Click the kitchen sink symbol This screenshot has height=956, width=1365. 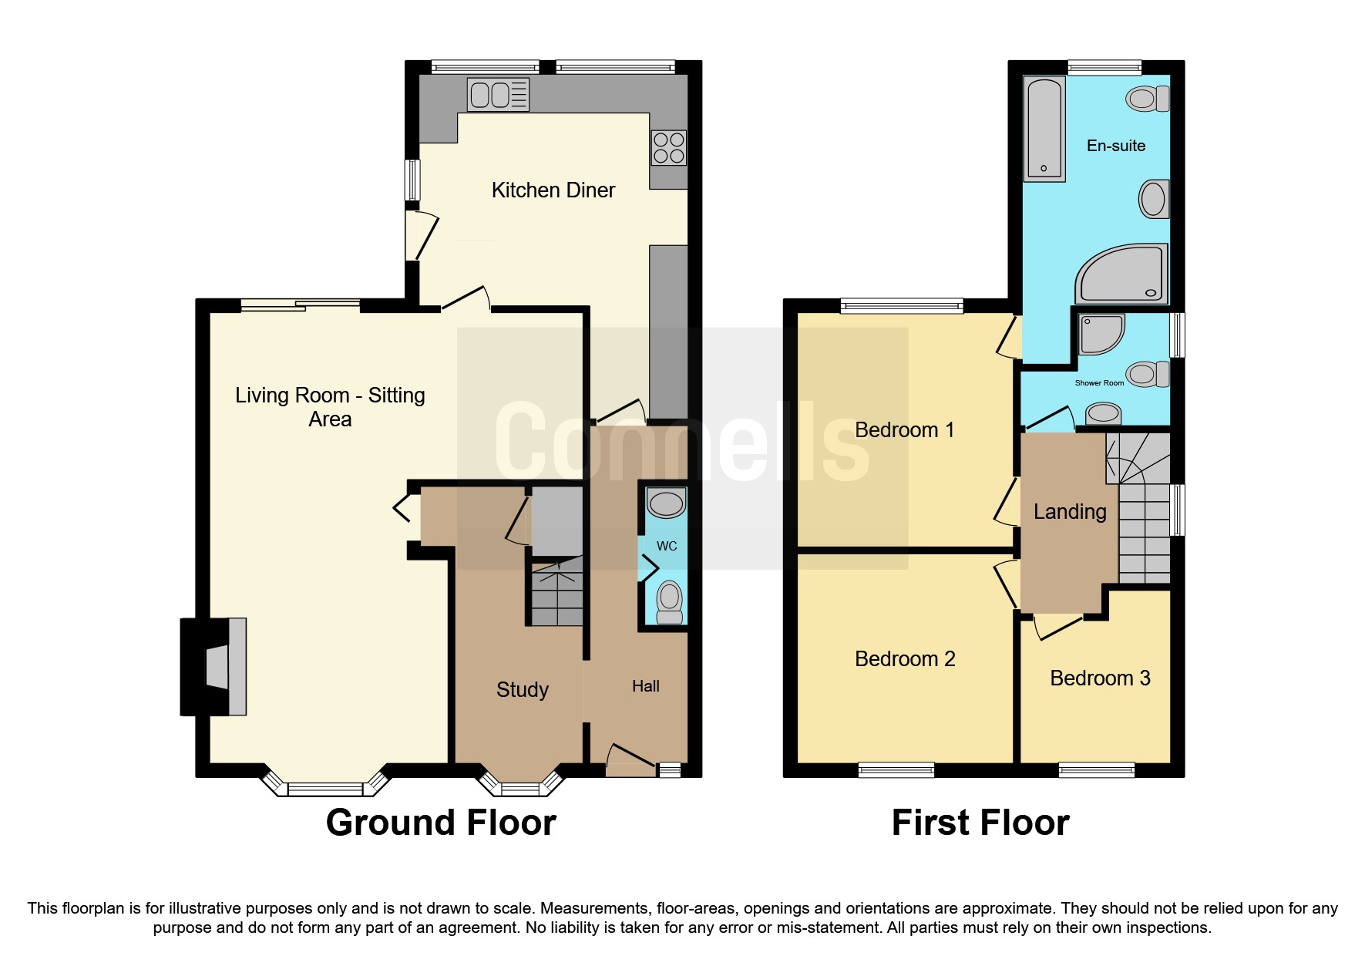pyautogui.click(x=498, y=95)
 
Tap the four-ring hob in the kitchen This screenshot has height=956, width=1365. pyautogui.click(x=668, y=148)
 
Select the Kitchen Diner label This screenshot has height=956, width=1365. pyautogui.click(x=553, y=190)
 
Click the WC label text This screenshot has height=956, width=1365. pyautogui.click(x=667, y=546)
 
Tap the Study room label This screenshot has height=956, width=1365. pyautogui.click(x=522, y=689)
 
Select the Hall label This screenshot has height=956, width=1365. pyautogui.click(x=645, y=686)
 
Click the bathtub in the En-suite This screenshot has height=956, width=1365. pyautogui.click(x=1044, y=129)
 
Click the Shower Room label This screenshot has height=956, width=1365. pyautogui.click(x=1099, y=383)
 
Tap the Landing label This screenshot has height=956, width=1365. pyautogui.click(x=1069, y=512)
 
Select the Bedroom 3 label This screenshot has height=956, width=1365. pyautogui.click(x=1099, y=678)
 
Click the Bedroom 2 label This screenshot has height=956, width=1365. pyautogui.click(x=904, y=659)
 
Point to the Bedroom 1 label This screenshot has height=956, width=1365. pyautogui.click(x=904, y=430)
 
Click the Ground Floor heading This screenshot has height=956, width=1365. pyautogui.click(x=441, y=823)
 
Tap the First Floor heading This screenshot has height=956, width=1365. pyautogui.click(x=980, y=823)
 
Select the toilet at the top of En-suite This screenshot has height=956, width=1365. pyautogui.click(x=1146, y=99)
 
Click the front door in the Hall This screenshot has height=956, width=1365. pyautogui.click(x=630, y=760)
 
